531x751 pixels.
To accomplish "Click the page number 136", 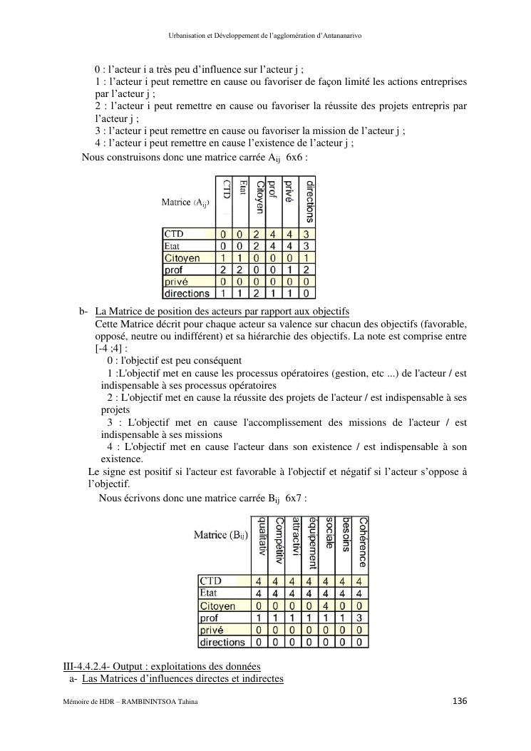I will [x=460, y=701].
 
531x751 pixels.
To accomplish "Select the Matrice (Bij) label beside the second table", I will [x=221, y=536].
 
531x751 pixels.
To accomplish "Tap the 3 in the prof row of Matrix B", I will [x=361, y=618].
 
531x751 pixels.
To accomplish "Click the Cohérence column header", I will [x=363, y=542].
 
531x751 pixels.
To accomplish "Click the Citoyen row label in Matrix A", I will [x=182, y=258].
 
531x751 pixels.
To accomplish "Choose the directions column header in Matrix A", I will [x=308, y=202].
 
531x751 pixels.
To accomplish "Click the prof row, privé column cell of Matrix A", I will [x=289, y=270].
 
